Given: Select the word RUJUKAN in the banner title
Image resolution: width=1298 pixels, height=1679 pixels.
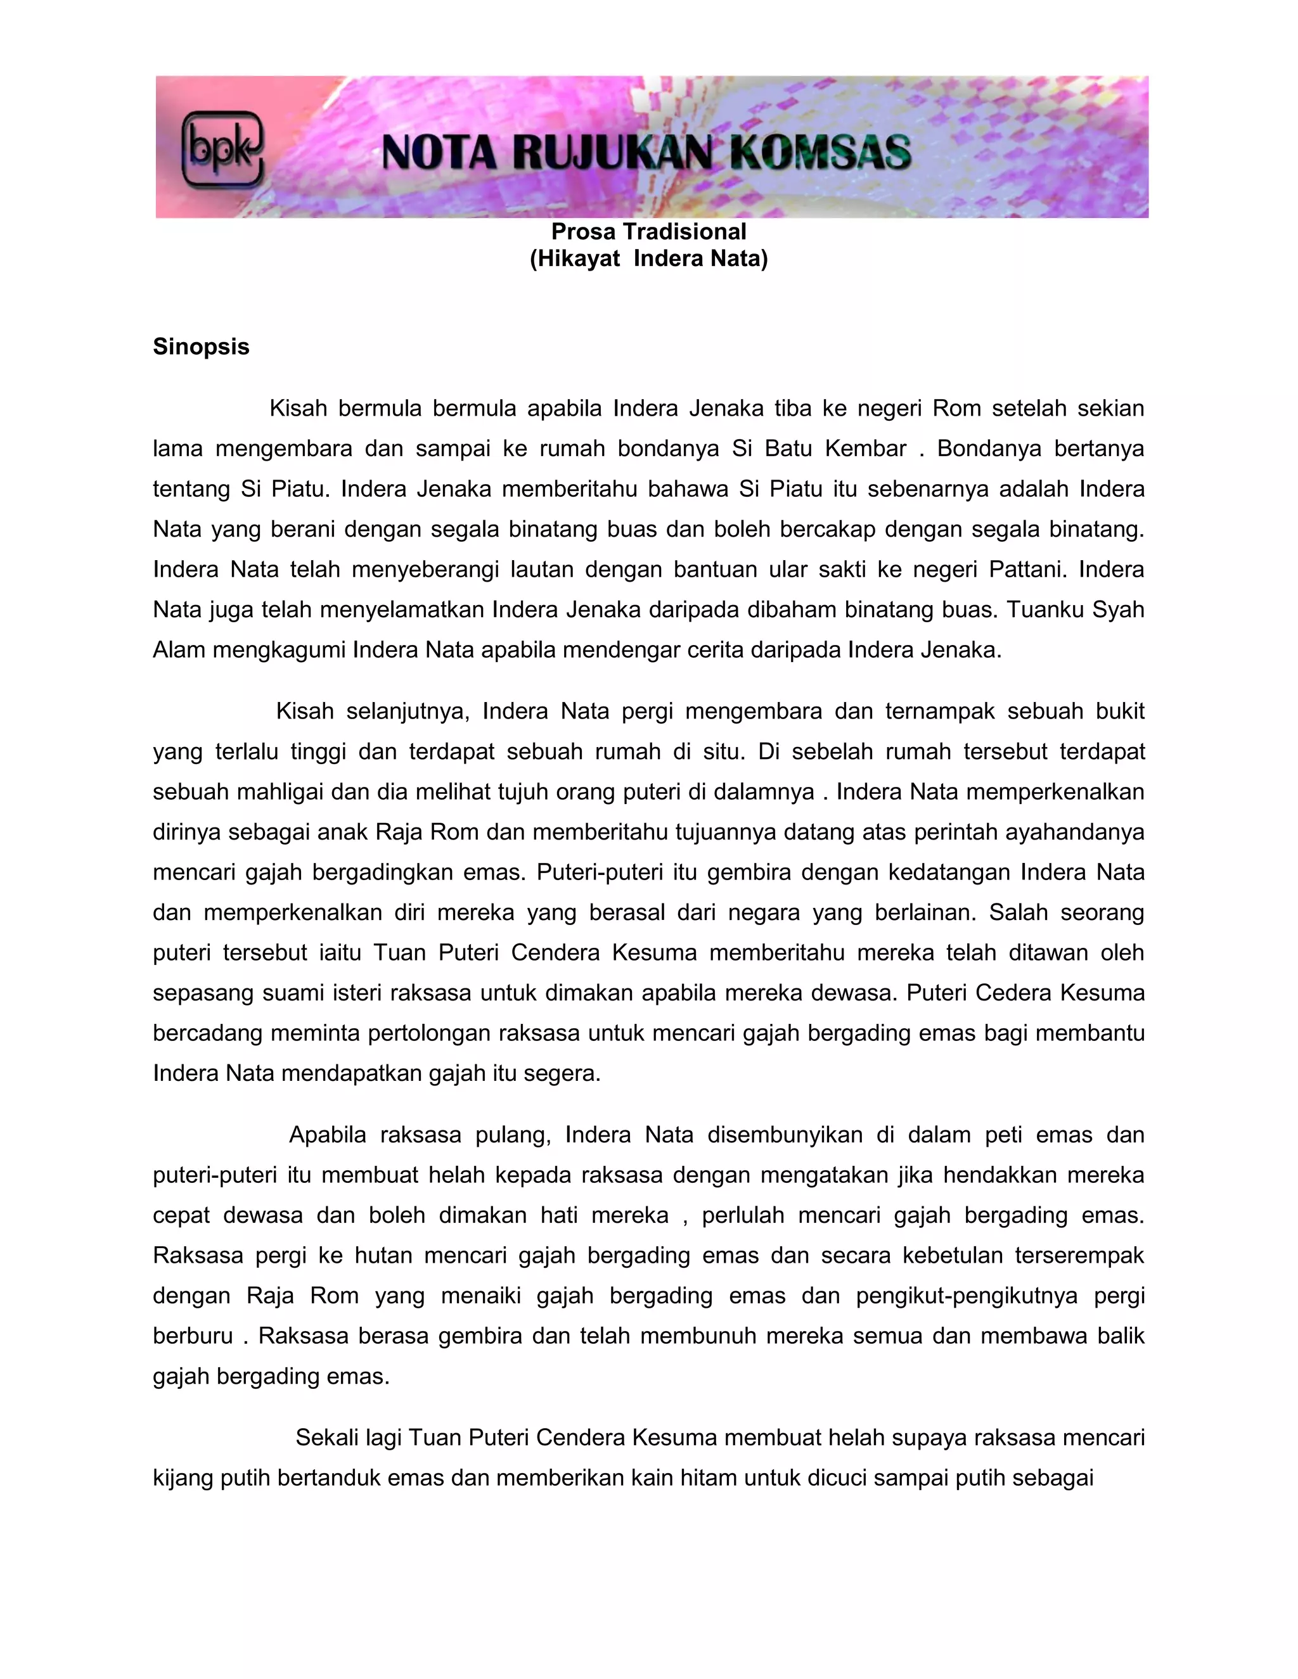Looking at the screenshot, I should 612,151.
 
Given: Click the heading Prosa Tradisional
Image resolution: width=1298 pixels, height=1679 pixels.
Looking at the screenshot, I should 648,231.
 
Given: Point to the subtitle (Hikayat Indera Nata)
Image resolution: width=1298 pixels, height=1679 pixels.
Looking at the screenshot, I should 648,259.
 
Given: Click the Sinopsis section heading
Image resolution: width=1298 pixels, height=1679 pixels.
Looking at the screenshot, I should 201,347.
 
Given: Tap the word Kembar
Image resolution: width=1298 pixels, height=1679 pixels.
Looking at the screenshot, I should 865,449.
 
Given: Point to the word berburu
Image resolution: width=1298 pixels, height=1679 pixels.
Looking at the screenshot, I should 192,1336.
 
